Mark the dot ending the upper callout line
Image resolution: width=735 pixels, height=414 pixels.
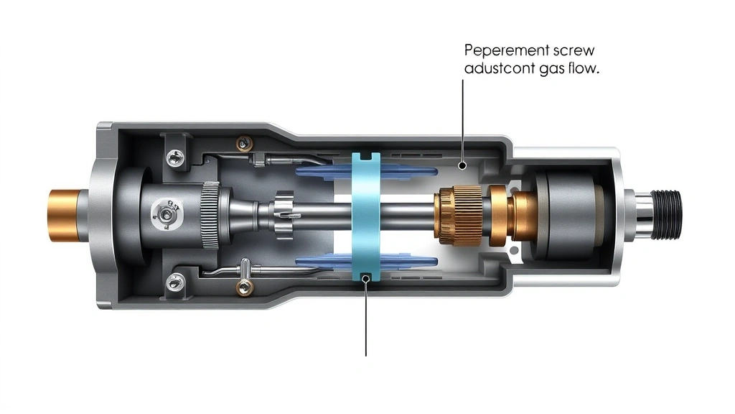pos(463,165)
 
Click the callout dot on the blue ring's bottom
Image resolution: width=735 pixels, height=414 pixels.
pos(366,277)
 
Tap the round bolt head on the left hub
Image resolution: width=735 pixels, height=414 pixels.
pos(166,213)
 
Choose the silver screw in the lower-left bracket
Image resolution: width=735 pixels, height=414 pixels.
pos(174,282)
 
